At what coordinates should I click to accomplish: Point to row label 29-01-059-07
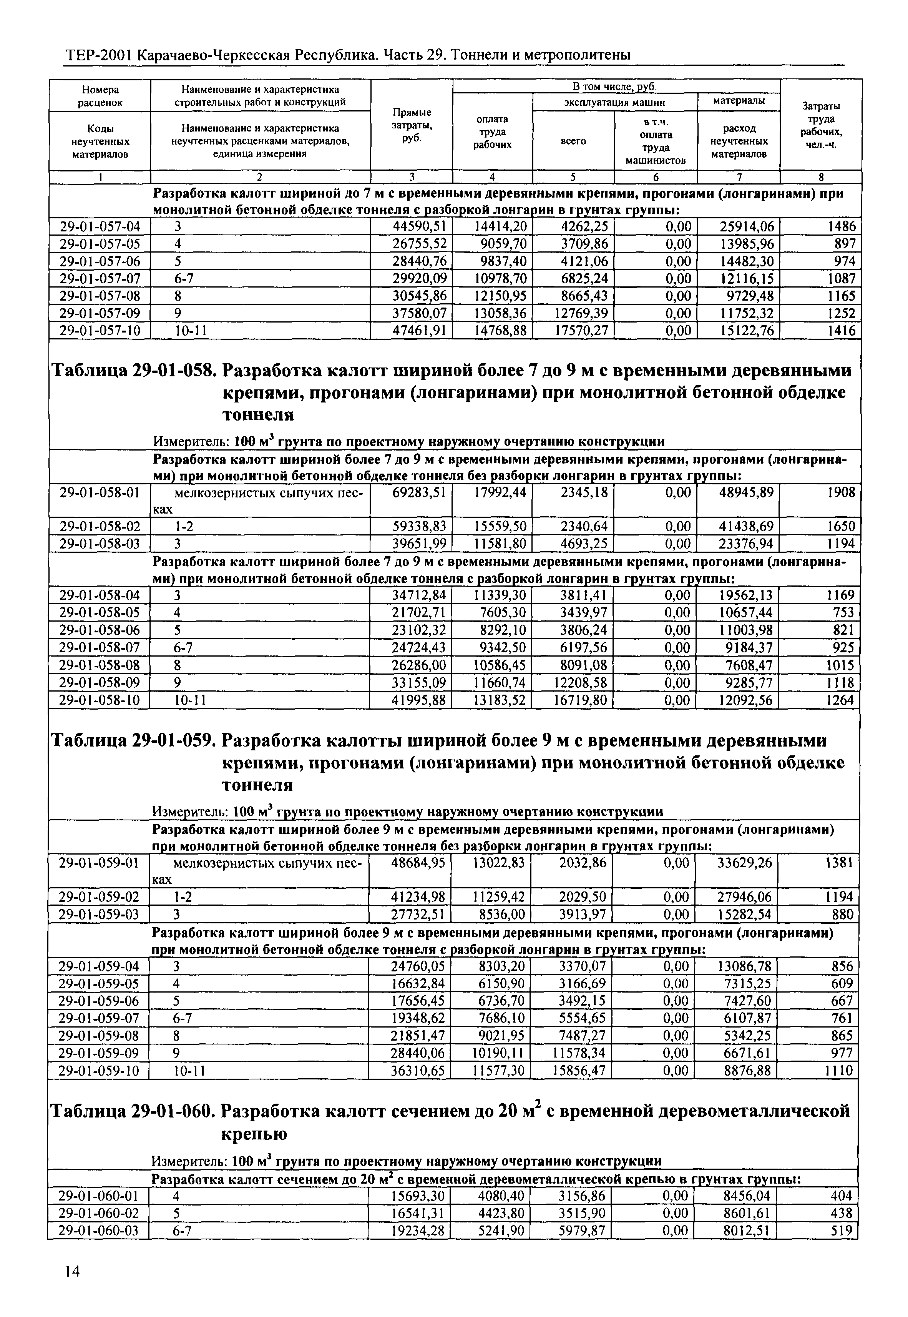99,1018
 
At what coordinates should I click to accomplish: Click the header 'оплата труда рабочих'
493,132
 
